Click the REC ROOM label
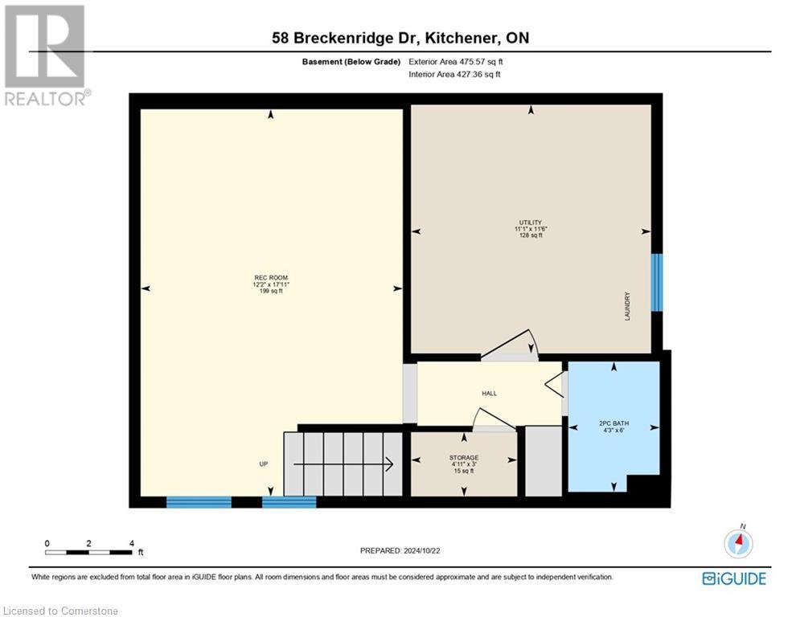tap(269, 278)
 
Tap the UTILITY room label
tap(530, 223)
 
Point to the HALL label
tap(489, 394)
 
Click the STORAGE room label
tap(464, 458)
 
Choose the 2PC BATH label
tap(614, 423)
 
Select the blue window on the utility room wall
tap(657, 282)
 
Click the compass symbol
tap(737, 543)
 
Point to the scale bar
tap(88, 551)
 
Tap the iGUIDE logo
tap(733, 578)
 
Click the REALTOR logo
tap(46, 55)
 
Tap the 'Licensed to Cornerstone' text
tap(60, 611)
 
